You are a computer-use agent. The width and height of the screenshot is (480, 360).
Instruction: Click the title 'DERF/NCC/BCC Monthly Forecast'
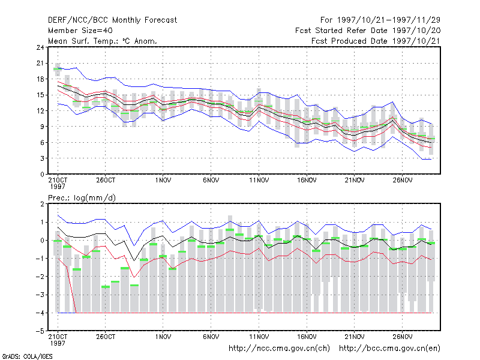[x=112, y=20]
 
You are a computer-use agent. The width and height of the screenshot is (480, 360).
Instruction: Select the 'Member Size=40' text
[x=80, y=31]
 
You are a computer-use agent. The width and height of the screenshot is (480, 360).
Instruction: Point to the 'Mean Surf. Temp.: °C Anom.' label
[x=102, y=41]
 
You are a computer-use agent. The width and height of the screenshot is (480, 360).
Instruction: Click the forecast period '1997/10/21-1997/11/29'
[x=388, y=20]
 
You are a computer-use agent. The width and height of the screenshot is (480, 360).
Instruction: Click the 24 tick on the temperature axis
[x=40, y=47]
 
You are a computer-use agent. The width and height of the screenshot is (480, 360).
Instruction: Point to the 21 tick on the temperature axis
[x=40, y=64]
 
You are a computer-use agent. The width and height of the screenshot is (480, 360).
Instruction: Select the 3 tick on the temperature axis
[x=42, y=158]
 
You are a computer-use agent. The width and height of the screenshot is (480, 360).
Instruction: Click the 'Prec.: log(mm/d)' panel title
[x=82, y=198]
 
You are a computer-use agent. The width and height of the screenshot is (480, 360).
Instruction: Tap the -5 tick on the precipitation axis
[x=40, y=331]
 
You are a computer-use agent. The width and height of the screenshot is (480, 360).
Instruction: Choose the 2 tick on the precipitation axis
[x=42, y=204]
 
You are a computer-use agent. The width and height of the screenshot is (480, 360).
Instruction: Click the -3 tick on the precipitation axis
[x=40, y=295]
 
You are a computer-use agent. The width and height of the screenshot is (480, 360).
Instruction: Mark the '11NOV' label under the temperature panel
[x=259, y=181]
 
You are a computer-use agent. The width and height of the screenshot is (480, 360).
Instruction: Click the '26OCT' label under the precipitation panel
[x=106, y=337]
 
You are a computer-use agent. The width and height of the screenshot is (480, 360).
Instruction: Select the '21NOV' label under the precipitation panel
[x=355, y=337]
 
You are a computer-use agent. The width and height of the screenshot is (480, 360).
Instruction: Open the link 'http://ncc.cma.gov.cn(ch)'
[x=279, y=349]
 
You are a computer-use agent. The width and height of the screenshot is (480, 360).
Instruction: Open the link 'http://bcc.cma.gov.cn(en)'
[x=389, y=349]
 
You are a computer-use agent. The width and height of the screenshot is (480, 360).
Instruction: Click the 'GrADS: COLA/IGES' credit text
[x=27, y=356]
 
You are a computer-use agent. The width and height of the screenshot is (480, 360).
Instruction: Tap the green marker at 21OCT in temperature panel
[x=58, y=69]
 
